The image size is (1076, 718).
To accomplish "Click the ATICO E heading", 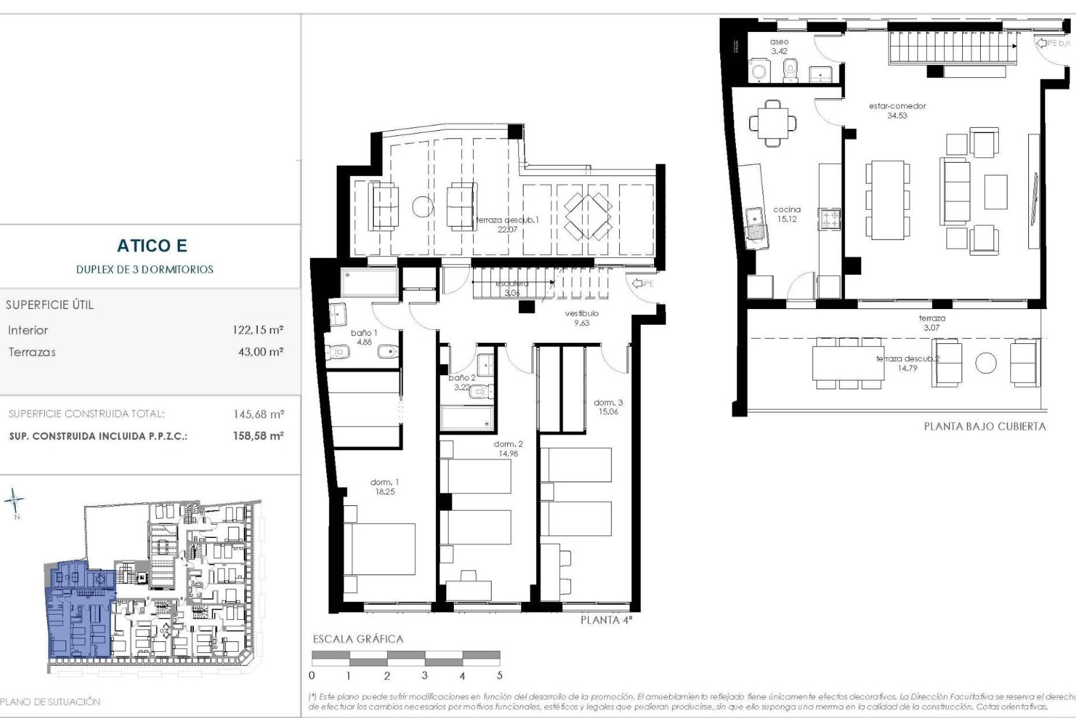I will pyautogui.click(x=152, y=246).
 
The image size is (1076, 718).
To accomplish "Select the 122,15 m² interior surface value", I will pyautogui.click(x=258, y=330).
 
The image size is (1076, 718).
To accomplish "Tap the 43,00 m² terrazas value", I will pyautogui.click(x=261, y=352).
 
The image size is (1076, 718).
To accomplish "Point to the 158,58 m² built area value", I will pyautogui.click(x=258, y=436).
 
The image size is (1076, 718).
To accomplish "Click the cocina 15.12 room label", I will pyautogui.click(x=787, y=214).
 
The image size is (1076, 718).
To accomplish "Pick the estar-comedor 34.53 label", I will pyautogui.click(x=897, y=111).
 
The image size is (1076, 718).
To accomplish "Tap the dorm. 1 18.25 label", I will pyautogui.click(x=384, y=487).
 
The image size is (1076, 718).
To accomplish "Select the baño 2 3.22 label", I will pyautogui.click(x=462, y=383).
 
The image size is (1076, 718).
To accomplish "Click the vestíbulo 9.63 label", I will pyautogui.click(x=582, y=318).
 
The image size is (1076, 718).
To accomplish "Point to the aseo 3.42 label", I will pyautogui.click(x=779, y=47).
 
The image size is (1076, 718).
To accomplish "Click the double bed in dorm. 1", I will pyautogui.click(x=379, y=550).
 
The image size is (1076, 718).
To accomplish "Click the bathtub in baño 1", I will pyautogui.click(x=369, y=282).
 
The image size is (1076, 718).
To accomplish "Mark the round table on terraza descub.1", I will pyautogui.click(x=423, y=206).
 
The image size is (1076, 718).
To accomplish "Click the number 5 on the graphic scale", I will pyautogui.click(x=499, y=676).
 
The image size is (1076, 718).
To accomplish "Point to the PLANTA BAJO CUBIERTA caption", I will pyautogui.click(x=985, y=426).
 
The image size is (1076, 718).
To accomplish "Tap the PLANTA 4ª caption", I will pyautogui.click(x=608, y=620).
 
